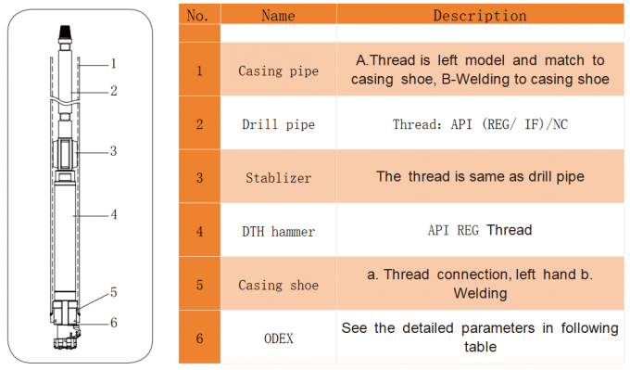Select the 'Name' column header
point(278,16)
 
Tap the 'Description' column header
point(479,16)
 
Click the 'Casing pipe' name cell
point(278,71)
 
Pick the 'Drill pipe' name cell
point(278,124)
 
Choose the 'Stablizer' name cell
point(278,176)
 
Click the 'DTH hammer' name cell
point(278,229)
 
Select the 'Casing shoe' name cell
point(278,285)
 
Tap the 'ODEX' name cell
point(278,338)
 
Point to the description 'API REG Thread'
point(479,229)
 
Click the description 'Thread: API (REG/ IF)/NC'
point(479,124)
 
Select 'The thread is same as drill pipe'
point(479,176)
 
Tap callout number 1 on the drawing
point(113,64)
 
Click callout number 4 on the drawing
point(113,214)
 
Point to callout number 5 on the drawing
point(113,292)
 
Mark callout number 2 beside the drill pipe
point(113,91)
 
